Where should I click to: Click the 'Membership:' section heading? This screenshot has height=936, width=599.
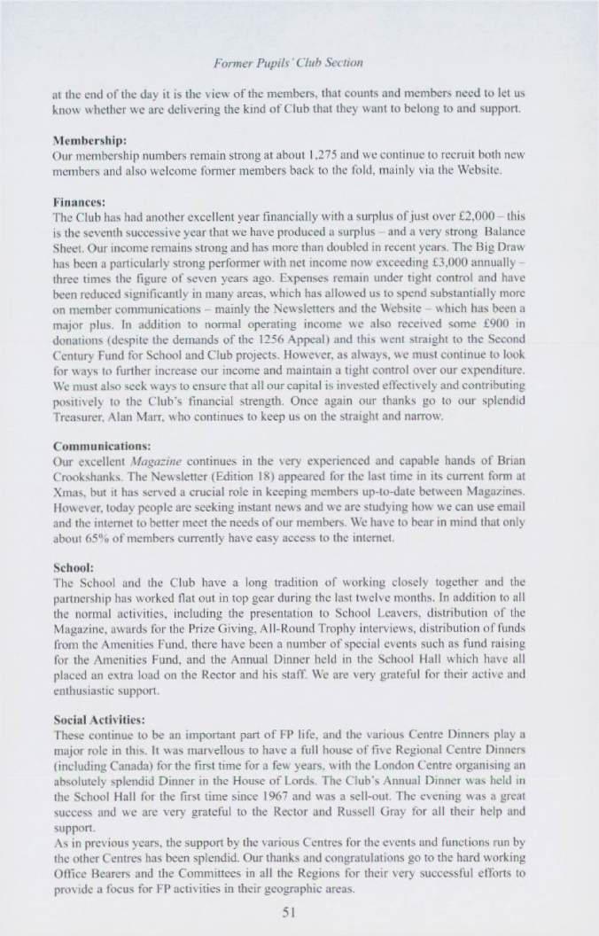point(90,140)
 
